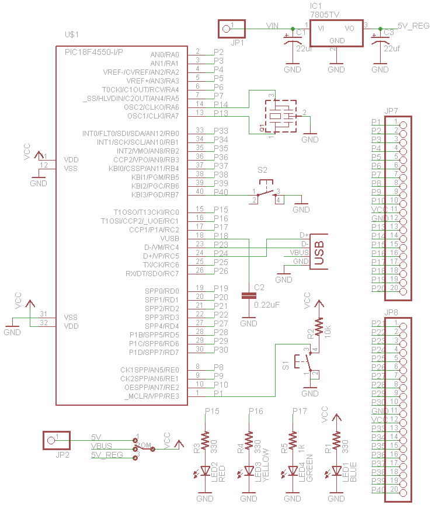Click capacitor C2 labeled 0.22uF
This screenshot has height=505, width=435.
249,296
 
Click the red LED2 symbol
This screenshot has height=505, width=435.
205,471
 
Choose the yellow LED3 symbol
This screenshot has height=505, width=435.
249,471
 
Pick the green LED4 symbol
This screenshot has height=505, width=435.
293,471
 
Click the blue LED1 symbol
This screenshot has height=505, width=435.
336,471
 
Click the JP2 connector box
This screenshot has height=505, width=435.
56,440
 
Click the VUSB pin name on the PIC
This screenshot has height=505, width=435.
169,239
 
